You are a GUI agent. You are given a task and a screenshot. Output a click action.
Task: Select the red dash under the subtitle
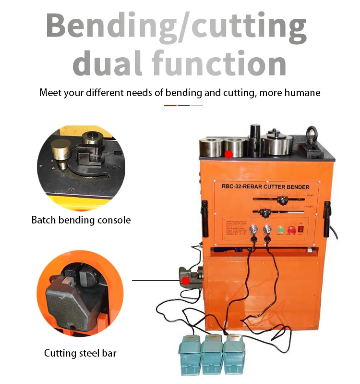tap(170, 105)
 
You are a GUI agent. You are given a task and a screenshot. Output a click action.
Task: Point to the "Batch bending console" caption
tap(81, 220)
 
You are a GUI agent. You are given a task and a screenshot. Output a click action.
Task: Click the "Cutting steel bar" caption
tap(80, 353)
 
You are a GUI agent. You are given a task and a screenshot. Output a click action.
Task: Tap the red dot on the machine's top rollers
tap(229, 154)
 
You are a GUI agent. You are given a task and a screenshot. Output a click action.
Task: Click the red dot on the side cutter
tap(185, 280)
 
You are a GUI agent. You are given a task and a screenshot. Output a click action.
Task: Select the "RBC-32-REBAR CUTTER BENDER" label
tap(265, 187)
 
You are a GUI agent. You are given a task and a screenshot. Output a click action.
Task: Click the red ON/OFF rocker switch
tap(301, 229)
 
